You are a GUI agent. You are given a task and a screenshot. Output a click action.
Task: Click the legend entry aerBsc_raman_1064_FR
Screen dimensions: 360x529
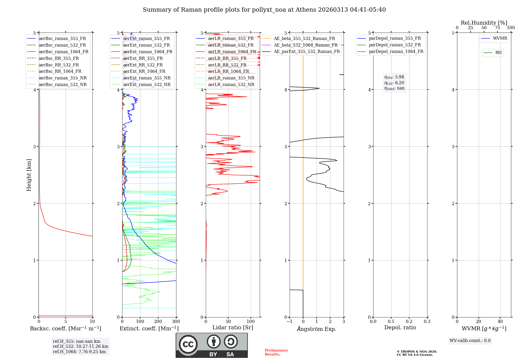[63, 52]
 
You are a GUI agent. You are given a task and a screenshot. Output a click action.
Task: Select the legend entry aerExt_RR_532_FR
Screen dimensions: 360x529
[143, 65]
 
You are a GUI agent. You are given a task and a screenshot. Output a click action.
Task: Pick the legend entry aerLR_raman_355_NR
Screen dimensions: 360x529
[231, 78]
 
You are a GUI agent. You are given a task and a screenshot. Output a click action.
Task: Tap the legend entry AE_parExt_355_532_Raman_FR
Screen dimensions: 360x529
[307, 52]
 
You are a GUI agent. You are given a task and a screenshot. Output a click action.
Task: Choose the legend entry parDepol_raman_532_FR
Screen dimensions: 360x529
[395, 45]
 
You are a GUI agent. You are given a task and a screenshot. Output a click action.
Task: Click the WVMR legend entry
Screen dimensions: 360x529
[500, 38]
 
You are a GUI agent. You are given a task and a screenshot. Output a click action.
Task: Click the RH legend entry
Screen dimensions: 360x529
[498, 53]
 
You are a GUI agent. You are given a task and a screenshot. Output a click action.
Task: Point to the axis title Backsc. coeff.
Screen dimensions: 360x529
[65, 328]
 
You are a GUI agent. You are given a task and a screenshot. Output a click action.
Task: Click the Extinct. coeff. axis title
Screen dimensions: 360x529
[149, 328]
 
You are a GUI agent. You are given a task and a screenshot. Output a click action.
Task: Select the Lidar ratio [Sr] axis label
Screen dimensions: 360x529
[232, 327]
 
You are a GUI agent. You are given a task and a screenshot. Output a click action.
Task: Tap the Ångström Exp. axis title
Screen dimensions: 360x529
[316, 329]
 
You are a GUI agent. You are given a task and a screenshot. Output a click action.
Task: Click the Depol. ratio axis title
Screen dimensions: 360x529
[400, 327]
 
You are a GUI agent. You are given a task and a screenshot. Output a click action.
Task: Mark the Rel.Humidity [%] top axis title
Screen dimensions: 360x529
[484, 23]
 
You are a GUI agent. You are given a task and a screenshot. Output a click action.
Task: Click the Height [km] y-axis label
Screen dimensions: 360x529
[29, 175]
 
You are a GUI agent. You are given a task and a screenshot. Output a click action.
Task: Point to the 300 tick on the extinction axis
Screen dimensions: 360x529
[176, 322]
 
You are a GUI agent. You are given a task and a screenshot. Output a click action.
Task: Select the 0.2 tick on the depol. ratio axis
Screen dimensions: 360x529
[409, 322]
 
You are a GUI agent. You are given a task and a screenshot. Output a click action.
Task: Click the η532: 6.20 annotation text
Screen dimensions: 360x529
[394, 83]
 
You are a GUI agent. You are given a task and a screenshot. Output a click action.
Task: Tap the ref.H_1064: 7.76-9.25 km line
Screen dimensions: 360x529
[79, 352]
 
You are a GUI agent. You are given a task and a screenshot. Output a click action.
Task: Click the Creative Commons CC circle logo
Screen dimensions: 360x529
[188, 344]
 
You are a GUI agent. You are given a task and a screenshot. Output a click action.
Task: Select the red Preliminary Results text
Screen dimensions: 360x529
[276, 352]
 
